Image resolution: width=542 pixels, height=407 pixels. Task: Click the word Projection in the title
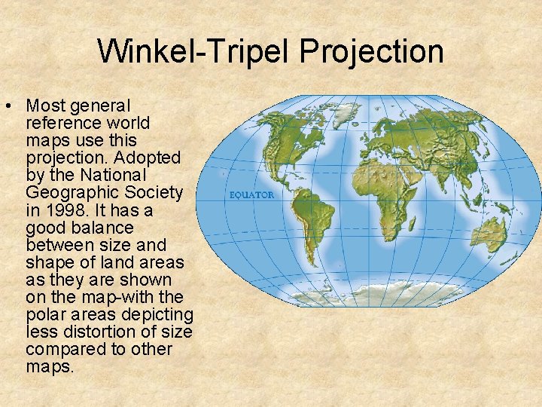coord(370,52)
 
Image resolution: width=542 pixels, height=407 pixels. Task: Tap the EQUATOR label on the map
coord(251,195)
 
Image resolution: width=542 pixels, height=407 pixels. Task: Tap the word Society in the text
coord(155,193)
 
